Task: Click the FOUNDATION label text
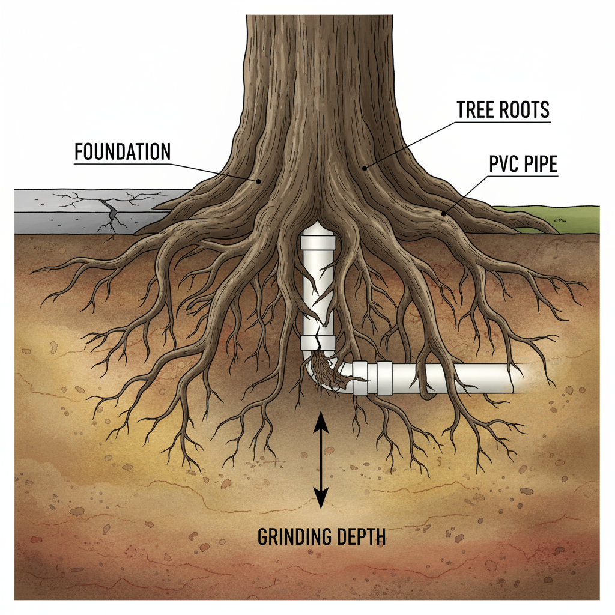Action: click(122, 152)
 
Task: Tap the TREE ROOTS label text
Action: click(503, 110)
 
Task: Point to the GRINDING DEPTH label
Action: click(321, 536)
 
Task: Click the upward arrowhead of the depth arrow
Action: click(321, 420)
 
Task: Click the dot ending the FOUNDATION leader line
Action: click(258, 180)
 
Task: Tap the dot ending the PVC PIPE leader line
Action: click(444, 213)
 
